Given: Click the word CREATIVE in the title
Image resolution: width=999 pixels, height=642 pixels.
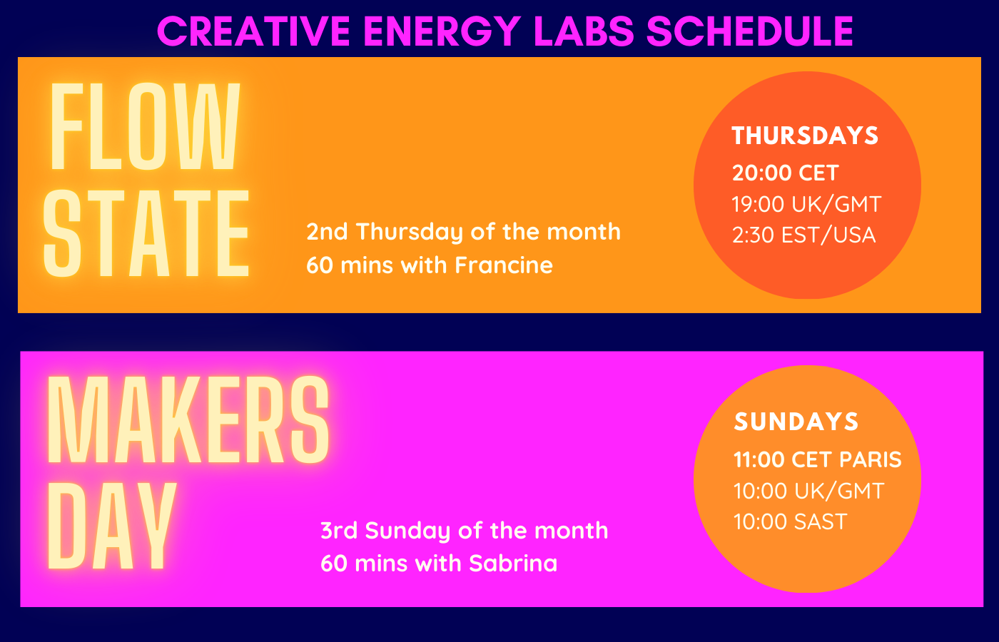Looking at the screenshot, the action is (x=254, y=31).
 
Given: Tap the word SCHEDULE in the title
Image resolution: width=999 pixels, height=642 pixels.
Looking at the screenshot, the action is (x=750, y=31).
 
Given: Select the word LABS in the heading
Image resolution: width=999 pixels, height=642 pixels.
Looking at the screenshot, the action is (x=584, y=31).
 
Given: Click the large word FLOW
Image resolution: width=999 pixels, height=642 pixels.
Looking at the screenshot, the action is (x=145, y=126).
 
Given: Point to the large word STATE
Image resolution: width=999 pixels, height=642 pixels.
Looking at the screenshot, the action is (x=146, y=233).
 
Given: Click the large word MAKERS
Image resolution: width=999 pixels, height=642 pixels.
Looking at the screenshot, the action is (x=188, y=419).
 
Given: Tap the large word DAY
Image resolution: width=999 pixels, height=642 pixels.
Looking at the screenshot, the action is (x=111, y=526).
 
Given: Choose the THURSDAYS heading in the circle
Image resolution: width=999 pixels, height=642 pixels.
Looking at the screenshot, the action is (x=805, y=136).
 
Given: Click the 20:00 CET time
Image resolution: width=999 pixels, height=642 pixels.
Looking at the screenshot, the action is (x=786, y=173).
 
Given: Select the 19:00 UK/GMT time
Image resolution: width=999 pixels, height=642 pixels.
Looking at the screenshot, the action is (x=806, y=204).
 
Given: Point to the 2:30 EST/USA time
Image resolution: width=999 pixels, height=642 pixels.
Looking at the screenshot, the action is (x=803, y=235).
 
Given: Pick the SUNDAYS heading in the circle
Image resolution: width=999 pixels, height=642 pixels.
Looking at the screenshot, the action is (x=796, y=422).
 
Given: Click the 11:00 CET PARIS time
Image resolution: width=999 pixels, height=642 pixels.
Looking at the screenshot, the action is (x=818, y=459).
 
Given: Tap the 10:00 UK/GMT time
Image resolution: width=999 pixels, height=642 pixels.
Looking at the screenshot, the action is (x=808, y=491).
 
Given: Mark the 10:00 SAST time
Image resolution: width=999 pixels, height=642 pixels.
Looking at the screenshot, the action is (x=791, y=521).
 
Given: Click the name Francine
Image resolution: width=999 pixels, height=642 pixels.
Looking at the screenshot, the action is (x=504, y=265).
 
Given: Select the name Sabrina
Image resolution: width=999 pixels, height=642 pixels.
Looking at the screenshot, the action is (x=513, y=563).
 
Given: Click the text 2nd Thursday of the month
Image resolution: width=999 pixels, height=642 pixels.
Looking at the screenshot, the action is (x=463, y=233).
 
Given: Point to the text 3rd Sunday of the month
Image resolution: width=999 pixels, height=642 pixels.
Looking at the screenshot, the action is (x=465, y=531).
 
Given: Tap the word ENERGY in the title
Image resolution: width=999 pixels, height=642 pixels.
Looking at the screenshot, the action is (x=442, y=31).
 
